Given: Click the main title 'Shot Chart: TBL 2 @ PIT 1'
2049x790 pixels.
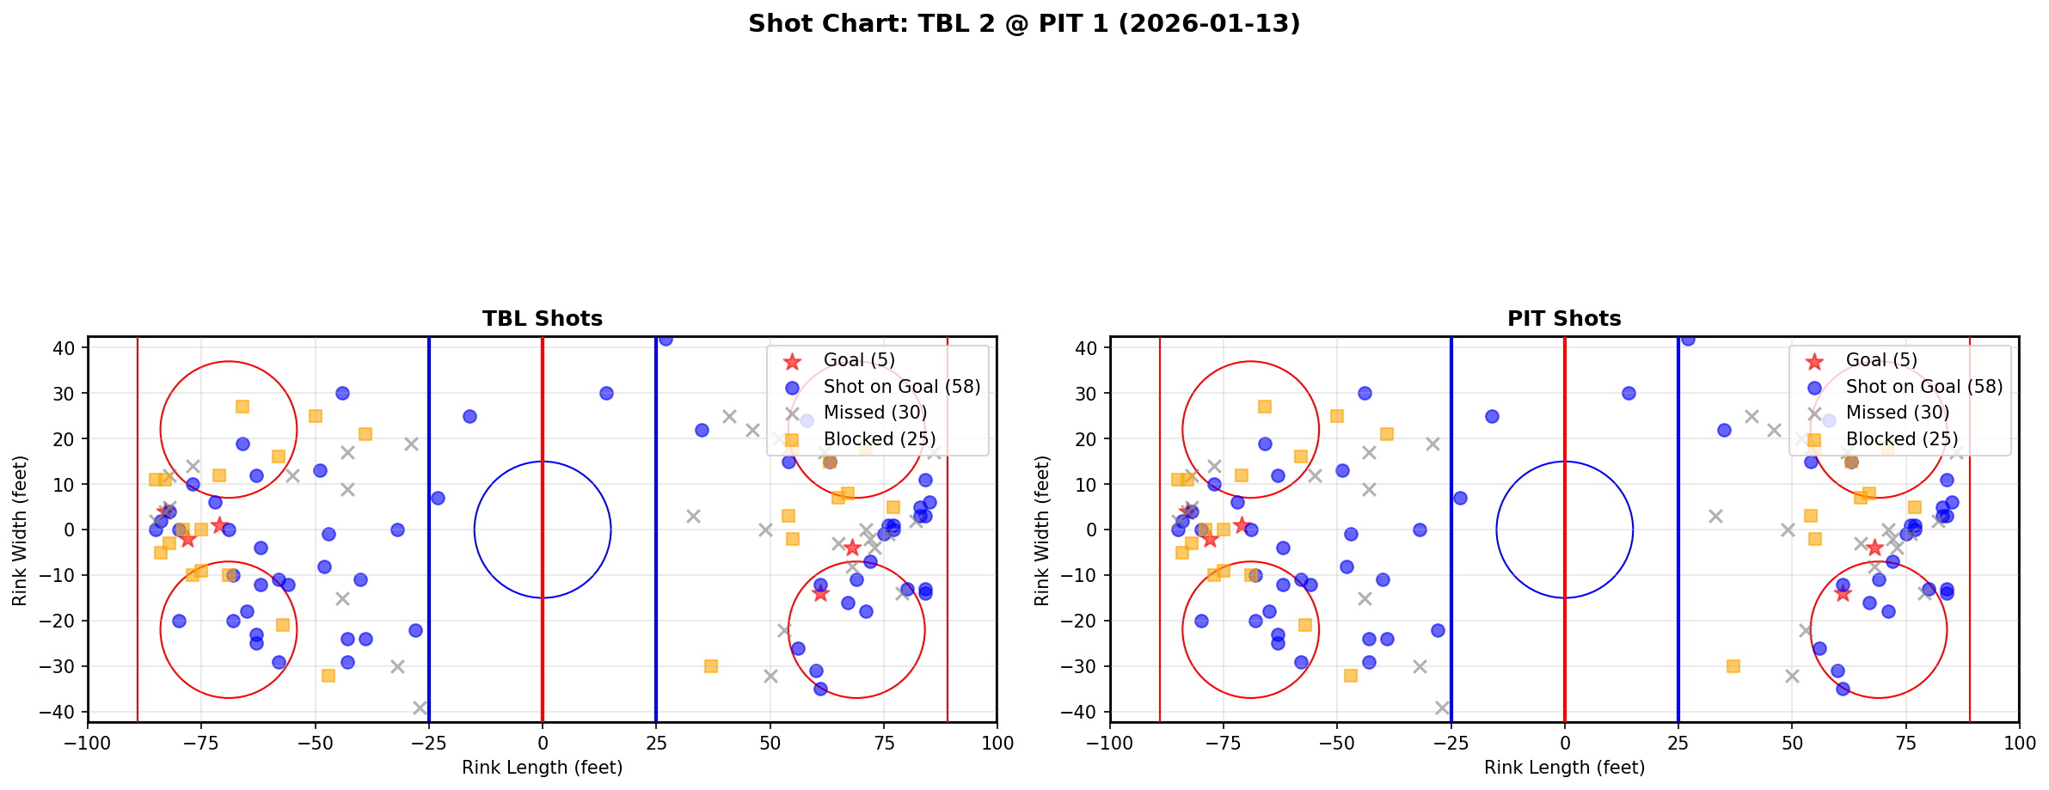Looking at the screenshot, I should pyautogui.click(x=1023, y=24).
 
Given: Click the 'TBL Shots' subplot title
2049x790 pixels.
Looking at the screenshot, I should pyautogui.click(x=542, y=319).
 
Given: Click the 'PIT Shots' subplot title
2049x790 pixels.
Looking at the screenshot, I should pyautogui.click(x=1563, y=319).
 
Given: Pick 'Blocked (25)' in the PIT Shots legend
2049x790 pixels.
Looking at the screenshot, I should pyautogui.click(x=1901, y=439).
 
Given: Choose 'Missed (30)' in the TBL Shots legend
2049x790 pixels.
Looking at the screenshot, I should pyautogui.click(x=874, y=413).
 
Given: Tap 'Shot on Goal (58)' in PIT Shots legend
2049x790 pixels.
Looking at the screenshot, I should pyautogui.click(x=1923, y=387).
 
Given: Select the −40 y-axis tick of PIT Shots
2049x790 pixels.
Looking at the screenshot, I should pyautogui.click(x=1086, y=712).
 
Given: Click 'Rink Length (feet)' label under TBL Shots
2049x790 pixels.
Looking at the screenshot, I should pyautogui.click(x=542, y=768).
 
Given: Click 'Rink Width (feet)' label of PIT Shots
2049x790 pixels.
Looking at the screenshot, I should pyautogui.click(x=1042, y=530).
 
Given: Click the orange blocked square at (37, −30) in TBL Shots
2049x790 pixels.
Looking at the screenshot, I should pyautogui.click(x=711, y=666).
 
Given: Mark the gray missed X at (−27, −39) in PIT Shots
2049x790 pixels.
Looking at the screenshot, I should pyautogui.click(x=1442, y=707).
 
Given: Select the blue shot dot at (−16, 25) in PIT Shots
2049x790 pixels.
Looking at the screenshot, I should pyautogui.click(x=1492, y=416).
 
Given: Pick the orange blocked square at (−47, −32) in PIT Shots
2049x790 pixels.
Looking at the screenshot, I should pyautogui.click(x=1351, y=676).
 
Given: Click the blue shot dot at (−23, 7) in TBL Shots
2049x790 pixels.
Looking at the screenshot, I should pyautogui.click(x=438, y=498).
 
